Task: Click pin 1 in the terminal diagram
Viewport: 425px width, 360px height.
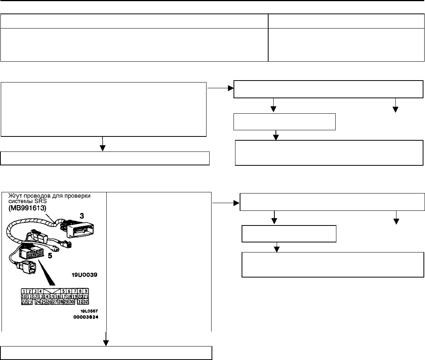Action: [x=24, y=291]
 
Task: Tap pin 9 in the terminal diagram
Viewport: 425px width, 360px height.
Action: [x=86, y=291]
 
